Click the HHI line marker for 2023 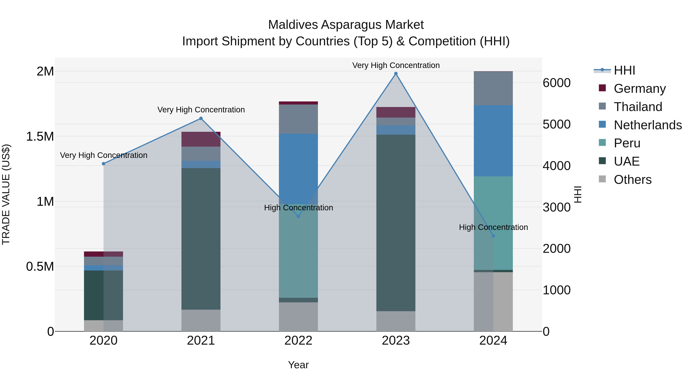click(x=396, y=74)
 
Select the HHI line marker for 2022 click(x=298, y=216)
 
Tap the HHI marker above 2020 click(x=104, y=163)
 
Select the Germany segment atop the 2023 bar click(x=396, y=112)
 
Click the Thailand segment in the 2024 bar click(x=493, y=88)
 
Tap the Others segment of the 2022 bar click(x=298, y=317)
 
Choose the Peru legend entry click(x=627, y=143)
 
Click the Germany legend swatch click(x=602, y=88)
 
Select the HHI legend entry click(x=624, y=70)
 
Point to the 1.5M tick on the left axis click(x=40, y=136)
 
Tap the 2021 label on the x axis click(x=201, y=341)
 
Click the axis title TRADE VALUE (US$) click(x=6, y=194)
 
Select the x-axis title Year click(x=298, y=365)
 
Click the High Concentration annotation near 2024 click(x=493, y=227)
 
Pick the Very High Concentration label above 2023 click(x=396, y=65)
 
